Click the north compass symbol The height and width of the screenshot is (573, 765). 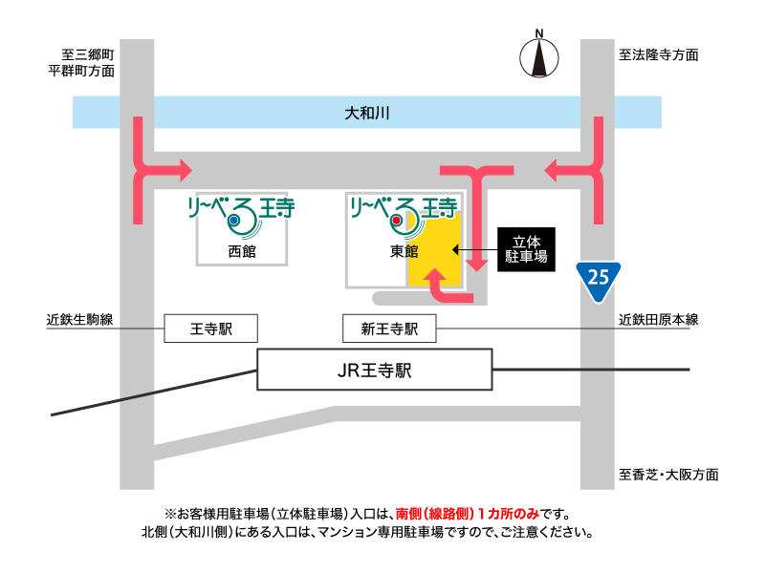(539, 57)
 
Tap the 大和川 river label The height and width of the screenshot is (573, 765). (367, 114)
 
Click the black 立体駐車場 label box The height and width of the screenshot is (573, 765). (526, 249)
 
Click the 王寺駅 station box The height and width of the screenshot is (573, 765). (211, 329)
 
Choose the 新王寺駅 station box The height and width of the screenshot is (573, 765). (389, 329)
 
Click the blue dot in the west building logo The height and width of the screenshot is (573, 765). (233, 222)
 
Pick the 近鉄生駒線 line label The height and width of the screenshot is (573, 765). (80, 320)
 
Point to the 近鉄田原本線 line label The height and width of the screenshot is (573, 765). (659, 320)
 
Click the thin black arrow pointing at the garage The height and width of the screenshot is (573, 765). (474, 250)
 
